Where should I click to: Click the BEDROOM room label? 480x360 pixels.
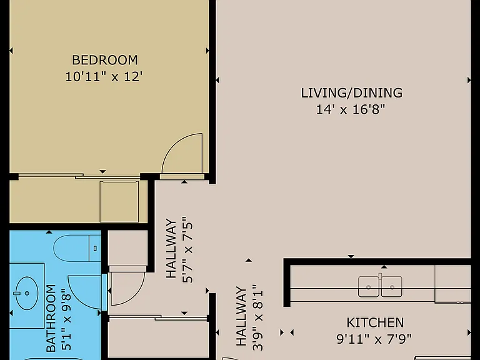105,60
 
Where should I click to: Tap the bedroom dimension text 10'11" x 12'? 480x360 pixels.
104,76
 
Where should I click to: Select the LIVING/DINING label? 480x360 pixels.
352,93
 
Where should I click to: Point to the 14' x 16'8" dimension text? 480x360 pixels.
350,109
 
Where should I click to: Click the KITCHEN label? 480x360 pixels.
375,322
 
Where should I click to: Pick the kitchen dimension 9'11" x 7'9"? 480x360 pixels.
374,339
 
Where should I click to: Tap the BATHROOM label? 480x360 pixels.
51,318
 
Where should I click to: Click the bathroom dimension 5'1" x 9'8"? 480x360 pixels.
67,319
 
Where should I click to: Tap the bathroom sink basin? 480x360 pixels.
27,293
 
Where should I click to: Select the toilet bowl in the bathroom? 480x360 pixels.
71,248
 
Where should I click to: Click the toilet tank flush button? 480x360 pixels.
95,248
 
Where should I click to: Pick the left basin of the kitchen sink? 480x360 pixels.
369,287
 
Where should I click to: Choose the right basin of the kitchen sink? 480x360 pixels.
392,287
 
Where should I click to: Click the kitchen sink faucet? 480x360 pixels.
380,276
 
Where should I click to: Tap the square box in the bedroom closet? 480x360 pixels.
119,201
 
